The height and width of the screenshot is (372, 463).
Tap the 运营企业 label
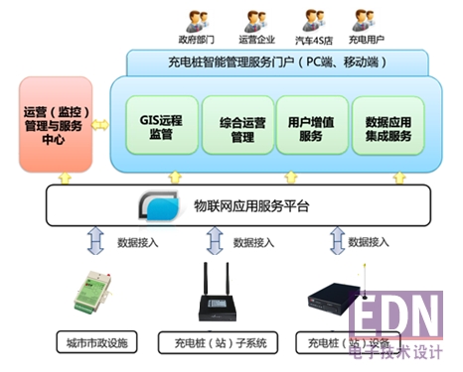point(256,42)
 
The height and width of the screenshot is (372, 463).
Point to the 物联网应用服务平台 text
point(251,206)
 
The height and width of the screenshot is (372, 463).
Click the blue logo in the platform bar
point(159,206)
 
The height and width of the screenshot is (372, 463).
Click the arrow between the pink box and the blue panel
point(99,126)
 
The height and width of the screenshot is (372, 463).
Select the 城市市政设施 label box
point(97,344)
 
